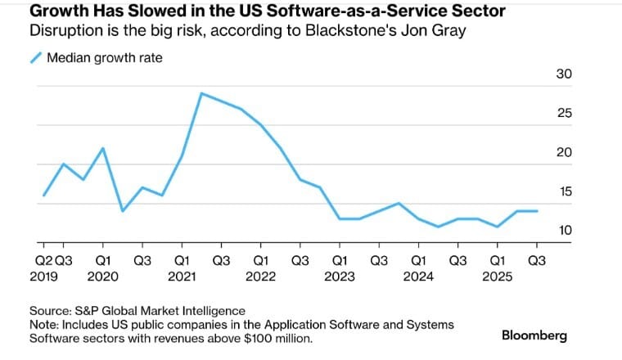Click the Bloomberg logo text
(534, 335)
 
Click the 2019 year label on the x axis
(43, 276)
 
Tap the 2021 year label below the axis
(181, 276)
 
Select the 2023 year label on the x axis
(339, 276)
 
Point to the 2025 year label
(497, 276)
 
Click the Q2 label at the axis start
(43, 260)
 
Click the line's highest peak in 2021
(201, 93)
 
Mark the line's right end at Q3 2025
(537, 211)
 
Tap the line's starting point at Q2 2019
(43, 196)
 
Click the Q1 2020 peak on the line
(103, 148)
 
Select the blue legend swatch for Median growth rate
(35, 58)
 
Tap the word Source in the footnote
(50, 310)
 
